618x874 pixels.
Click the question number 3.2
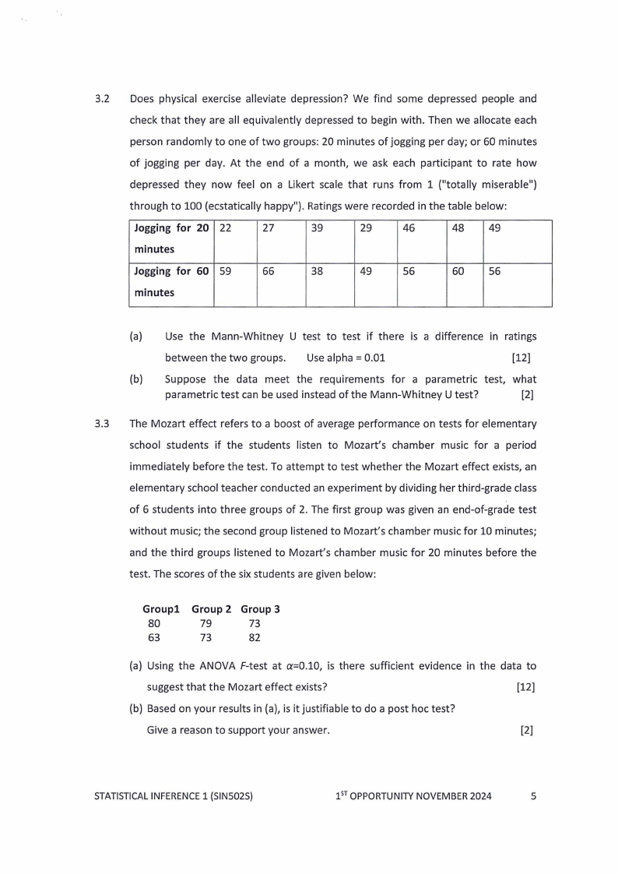(101, 100)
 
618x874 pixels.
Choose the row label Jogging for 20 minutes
(171, 238)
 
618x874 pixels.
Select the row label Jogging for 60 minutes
(171, 282)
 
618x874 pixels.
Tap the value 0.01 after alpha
(374, 358)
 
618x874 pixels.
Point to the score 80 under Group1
(154, 624)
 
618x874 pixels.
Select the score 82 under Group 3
(255, 638)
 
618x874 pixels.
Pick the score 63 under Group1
(154, 638)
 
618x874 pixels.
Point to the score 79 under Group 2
(205, 624)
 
